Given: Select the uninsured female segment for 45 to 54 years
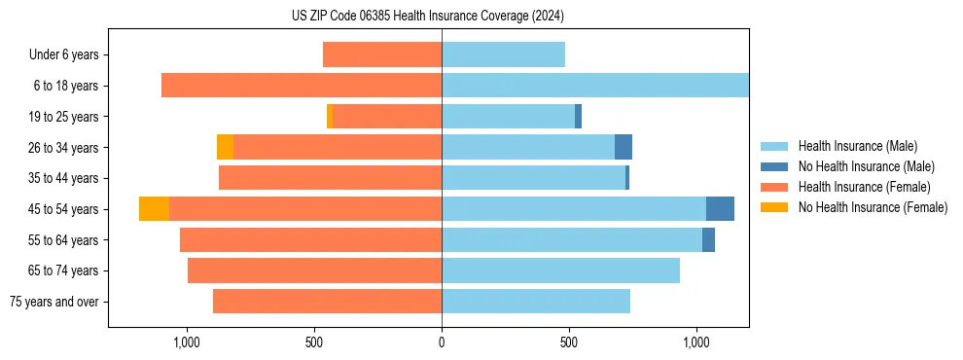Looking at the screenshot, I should point(154,209).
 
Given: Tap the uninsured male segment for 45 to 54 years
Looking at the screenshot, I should point(720,209).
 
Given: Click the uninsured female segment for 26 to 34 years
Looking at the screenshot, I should point(225,147).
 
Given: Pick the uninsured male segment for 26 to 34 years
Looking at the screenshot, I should point(624,147).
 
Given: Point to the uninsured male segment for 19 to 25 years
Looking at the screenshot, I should point(578,117).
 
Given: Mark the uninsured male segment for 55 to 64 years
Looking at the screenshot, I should point(708,239).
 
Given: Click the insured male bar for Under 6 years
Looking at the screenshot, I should point(503,54).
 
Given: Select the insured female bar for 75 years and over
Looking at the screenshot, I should point(327,302).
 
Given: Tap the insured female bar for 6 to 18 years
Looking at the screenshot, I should point(302,86).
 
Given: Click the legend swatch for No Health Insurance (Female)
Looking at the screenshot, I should point(775,207).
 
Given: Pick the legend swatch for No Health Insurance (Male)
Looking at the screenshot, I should point(775,166).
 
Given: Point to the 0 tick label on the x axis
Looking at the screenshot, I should point(442,342).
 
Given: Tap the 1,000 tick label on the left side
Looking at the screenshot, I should point(186,342).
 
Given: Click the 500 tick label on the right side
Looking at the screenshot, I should point(569,342).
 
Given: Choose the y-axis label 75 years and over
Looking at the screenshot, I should point(54,302).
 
